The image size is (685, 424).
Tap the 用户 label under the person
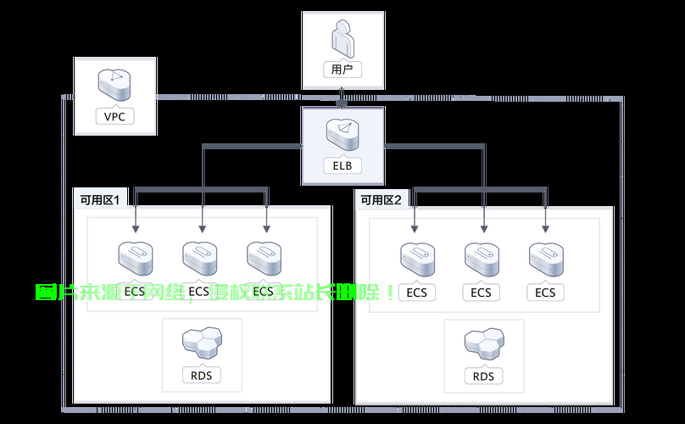click(342, 70)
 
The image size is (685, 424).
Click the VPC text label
click(115, 116)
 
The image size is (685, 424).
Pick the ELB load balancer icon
click(342, 133)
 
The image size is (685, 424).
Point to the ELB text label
click(342, 165)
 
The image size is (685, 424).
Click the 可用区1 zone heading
click(99, 200)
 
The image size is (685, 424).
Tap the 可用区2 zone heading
click(381, 200)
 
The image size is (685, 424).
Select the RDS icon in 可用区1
click(202, 341)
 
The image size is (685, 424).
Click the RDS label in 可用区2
click(483, 376)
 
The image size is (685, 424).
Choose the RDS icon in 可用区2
click(483, 342)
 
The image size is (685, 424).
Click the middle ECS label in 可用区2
click(481, 293)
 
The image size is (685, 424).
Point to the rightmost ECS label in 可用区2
click(545, 293)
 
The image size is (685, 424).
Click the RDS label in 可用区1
click(202, 375)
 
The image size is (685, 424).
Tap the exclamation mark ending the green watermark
click(389, 293)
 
